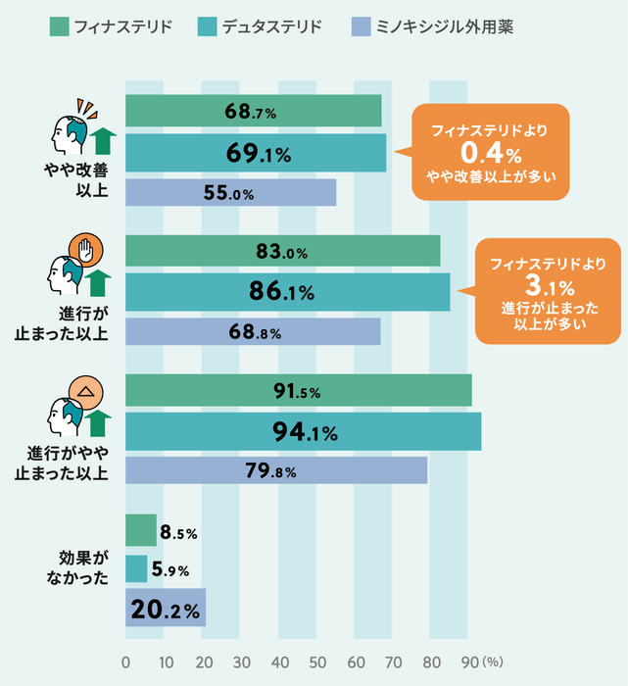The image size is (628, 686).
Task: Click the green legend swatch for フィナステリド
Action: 58,26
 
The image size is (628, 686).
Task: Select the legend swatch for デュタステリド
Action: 208,26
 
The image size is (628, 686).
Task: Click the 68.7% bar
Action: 253,112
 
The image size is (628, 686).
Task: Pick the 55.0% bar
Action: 230,193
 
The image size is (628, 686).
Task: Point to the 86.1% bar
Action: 287,291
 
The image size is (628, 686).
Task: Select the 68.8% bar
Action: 253,332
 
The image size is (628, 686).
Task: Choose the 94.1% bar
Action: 303,431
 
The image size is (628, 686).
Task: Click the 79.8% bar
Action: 276,471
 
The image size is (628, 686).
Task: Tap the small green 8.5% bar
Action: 141,531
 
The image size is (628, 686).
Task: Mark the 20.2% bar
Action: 165,609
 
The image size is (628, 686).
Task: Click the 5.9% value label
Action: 170,570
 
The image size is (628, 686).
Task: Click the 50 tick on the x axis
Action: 315,661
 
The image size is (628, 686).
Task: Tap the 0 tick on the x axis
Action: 125,661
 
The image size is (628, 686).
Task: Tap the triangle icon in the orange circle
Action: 86,390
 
